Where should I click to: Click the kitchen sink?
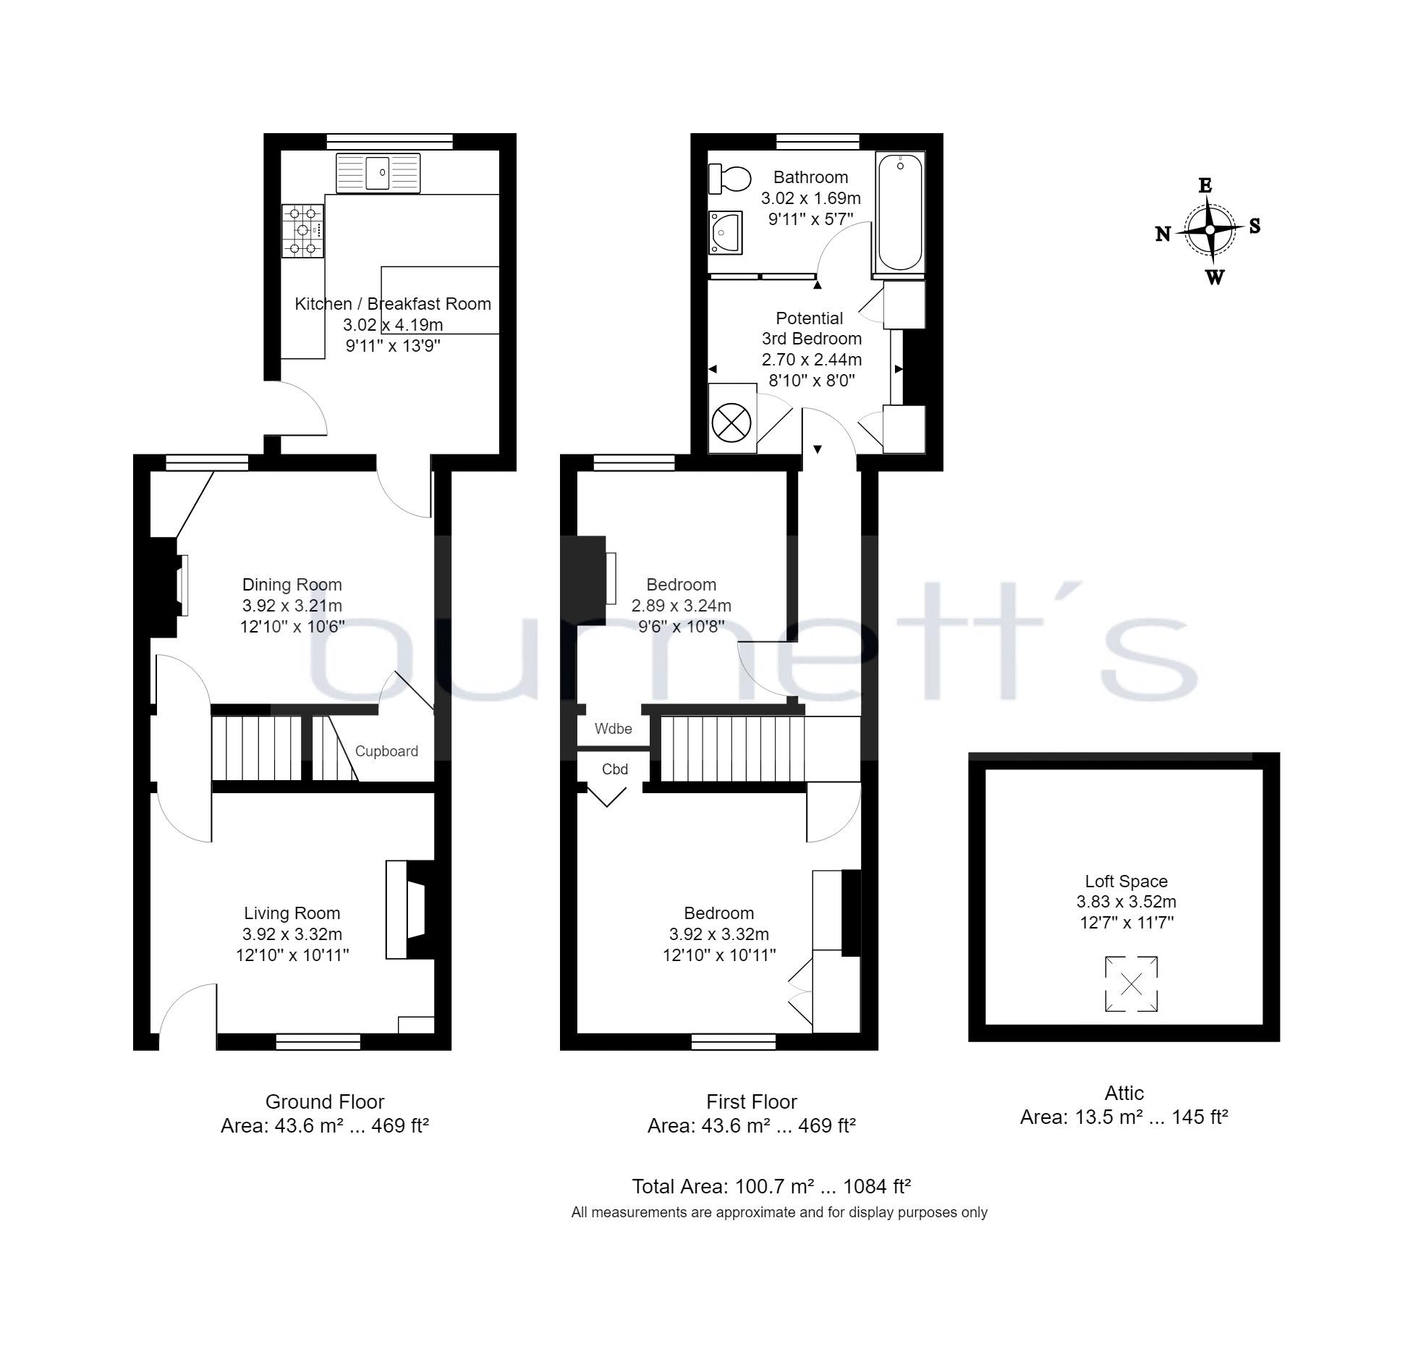coord(378,174)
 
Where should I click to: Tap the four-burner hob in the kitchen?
coord(303,231)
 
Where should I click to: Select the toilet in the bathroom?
coord(730,179)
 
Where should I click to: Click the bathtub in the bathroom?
coord(900,213)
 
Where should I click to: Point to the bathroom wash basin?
coord(726,233)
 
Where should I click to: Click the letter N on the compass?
coord(1163,234)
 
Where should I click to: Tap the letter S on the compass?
coord(1255,226)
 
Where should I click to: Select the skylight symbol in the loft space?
coord(1132,984)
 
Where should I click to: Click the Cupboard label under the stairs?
coord(386,751)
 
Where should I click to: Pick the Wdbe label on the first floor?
coord(614,729)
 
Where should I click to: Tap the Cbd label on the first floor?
coord(615,769)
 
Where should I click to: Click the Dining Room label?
coord(292,585)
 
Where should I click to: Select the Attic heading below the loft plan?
coord(1124,1093)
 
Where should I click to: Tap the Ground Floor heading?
coord(325,1101)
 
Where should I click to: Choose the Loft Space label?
coord(1126,881)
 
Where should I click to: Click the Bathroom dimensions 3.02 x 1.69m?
coord(811,198)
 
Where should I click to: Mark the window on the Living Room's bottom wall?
coord(318,1041)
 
